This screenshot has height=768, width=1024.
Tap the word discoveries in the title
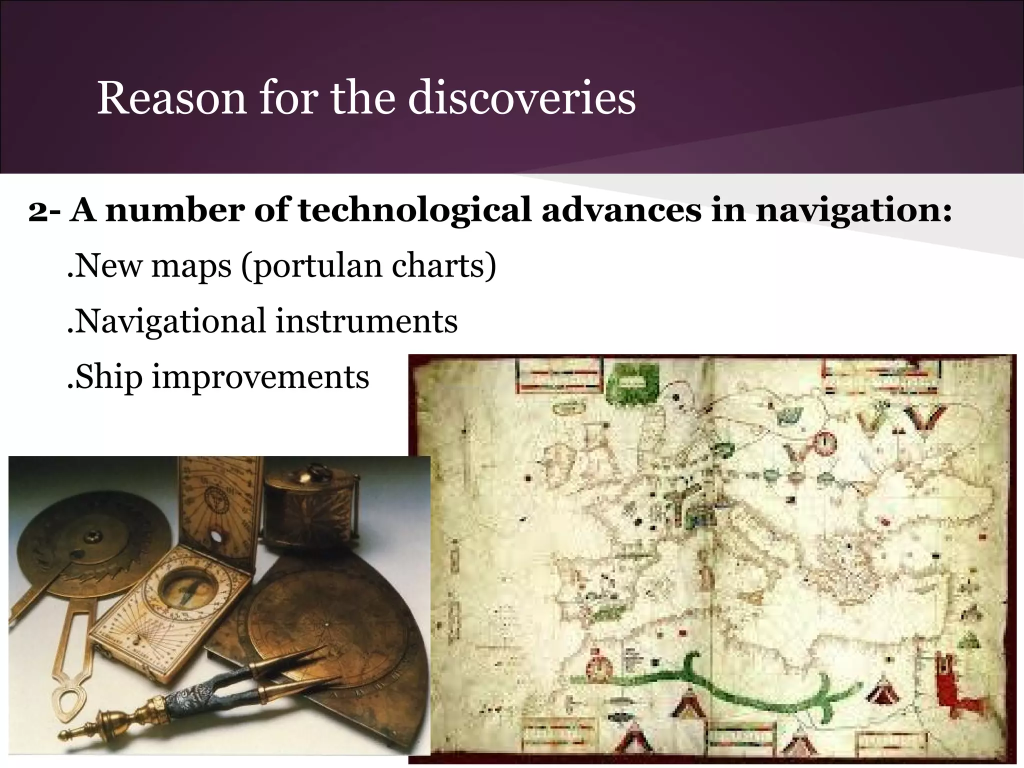pyautogui.click(x=521, y=98)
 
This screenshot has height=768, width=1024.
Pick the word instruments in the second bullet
pyautogui.click(x=366, y=321)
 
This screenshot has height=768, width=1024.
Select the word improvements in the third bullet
pyautogui.click(x=260, y=377)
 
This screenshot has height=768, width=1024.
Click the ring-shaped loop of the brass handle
pyautogui.click(x=68, y=700)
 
